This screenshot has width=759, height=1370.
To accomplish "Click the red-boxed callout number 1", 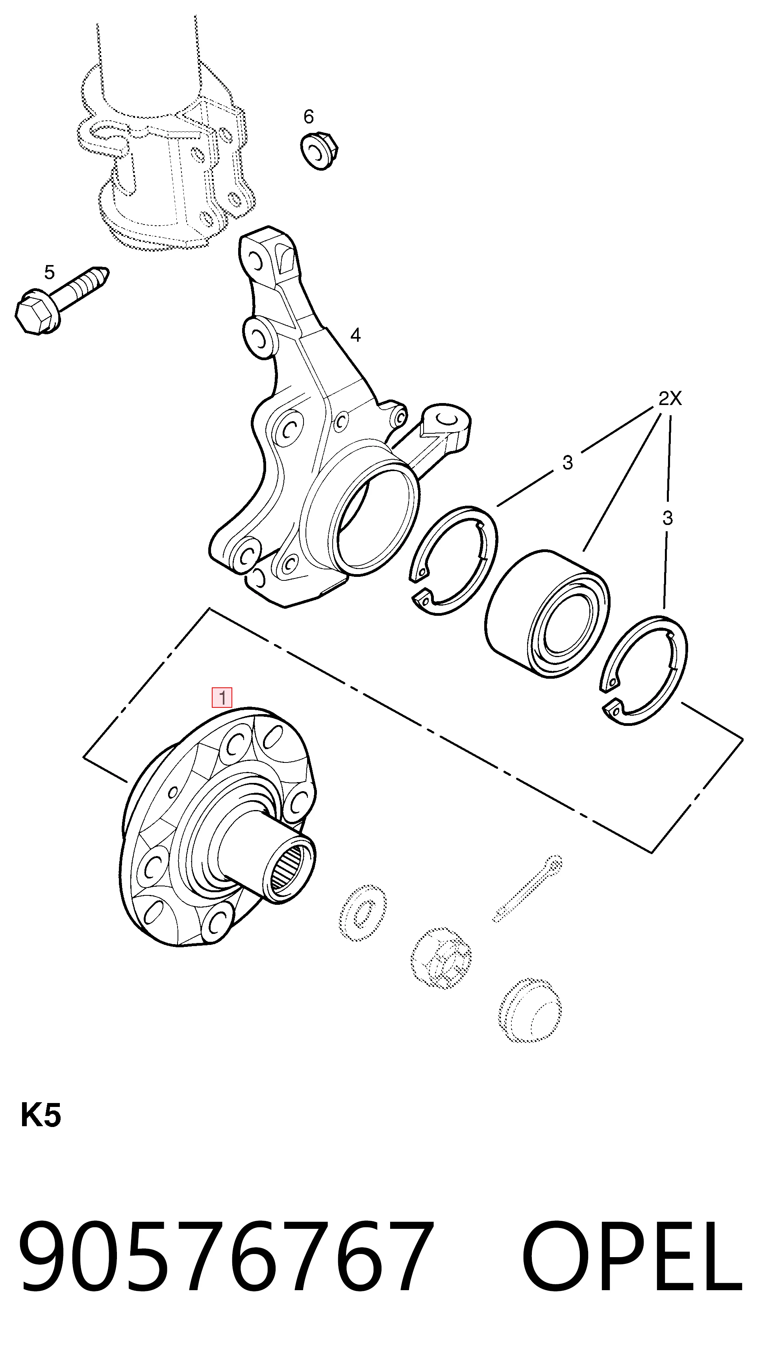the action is tap(222, 697).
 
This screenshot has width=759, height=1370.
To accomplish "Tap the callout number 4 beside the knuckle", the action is tap(355, 335).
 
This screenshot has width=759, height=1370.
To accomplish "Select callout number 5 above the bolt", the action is tap(50, 273).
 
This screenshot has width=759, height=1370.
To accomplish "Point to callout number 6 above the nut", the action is tap(309, 116).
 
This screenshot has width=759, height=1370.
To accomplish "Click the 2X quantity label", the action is tap(670, 399).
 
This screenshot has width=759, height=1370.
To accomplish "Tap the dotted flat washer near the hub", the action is tap(363, 912).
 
